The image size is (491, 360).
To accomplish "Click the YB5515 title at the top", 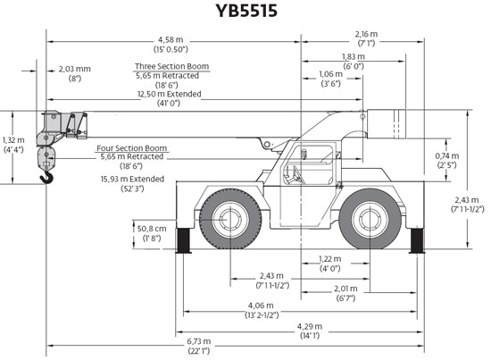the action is [246, 11].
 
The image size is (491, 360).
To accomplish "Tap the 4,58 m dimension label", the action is [171, 40].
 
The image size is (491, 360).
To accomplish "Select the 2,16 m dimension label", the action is [366, 34].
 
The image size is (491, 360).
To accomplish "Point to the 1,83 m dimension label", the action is [354, 56].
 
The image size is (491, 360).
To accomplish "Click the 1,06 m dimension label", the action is [330, 74].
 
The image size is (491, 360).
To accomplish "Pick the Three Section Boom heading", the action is [172, 66].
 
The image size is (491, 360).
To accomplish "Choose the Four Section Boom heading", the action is [132, 148].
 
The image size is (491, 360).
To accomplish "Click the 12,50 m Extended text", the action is [170, 94].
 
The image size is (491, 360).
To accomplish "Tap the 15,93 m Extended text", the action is [132, 179].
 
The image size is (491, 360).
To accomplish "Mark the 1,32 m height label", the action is [12, 140].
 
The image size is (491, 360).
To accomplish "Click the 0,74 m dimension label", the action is [447, 155].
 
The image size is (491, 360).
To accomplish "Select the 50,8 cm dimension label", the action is [152, 229].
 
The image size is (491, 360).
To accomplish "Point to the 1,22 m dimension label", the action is [329, 259].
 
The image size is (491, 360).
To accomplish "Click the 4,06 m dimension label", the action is [261, 306].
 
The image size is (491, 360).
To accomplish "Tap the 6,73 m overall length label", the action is [199, 341].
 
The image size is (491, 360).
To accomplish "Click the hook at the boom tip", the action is [47, 179].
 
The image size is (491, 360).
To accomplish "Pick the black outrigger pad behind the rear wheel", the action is [417, 240].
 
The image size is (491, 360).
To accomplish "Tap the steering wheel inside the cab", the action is [298, 174].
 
